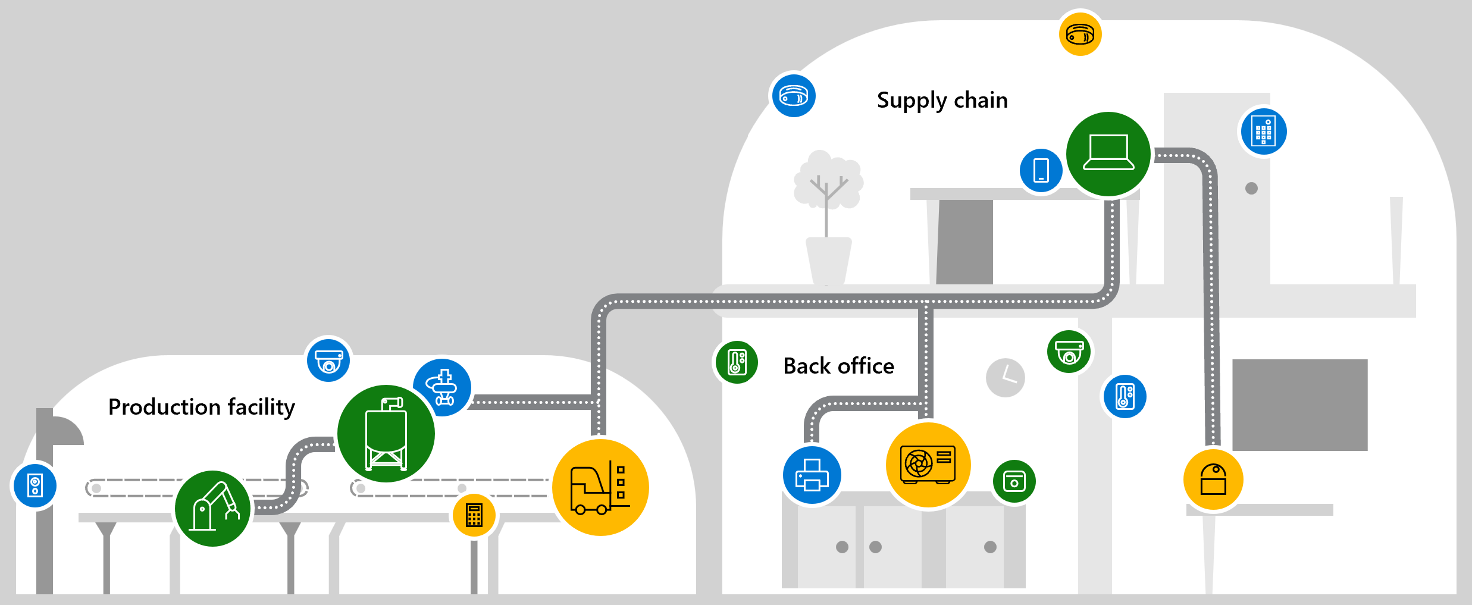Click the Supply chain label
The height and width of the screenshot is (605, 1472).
click(x=942, y=100)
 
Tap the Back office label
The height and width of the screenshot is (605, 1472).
click(x=838, y=366)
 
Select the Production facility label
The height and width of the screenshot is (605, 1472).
click(x=201, y=407)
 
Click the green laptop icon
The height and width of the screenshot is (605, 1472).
click(x=1108, y=153)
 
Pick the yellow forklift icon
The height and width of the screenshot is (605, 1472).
click(x=600, y=487)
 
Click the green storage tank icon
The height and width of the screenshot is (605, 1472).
click(x=386, y=434)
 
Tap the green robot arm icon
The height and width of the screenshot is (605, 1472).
click(x=213, y=509)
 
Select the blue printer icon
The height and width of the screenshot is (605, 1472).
click(x=812, y=475)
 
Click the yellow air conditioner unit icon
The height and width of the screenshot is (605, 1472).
click(x=928, y=465)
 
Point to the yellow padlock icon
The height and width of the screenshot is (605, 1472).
click(x=1213, y=479)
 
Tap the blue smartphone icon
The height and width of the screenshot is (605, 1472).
click(x=1041, y=170)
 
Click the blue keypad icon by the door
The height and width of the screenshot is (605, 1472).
click(x=1263, y=131)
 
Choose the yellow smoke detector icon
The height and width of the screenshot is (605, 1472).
click(x=1080, y=34)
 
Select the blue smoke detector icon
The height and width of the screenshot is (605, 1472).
click(x=793, y=95)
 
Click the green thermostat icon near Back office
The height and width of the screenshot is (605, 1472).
click(x=737, y=362)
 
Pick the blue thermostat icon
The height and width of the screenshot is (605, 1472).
click(x=1124, y=396)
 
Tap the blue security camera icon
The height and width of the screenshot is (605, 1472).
click(x=328, y=361)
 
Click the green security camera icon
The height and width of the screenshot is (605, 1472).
click(x=1069, y=352)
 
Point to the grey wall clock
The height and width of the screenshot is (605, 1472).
click(x=1005, y=378)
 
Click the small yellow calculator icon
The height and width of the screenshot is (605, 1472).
click(x=474, y=515)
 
